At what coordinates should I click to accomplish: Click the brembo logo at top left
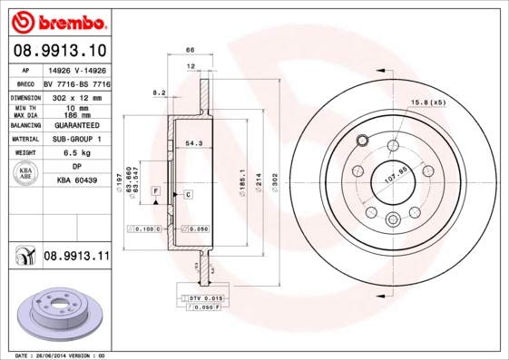click(60, 19)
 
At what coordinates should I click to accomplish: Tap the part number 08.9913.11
click(76, 257)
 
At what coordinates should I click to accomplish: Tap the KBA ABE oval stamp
click(26, 174)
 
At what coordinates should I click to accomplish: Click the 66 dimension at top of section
click(191, 51)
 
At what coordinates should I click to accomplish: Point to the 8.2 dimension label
click(159, 92)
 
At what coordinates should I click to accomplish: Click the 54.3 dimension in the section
click(193, 143)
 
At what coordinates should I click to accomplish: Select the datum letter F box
click(156, 192)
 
